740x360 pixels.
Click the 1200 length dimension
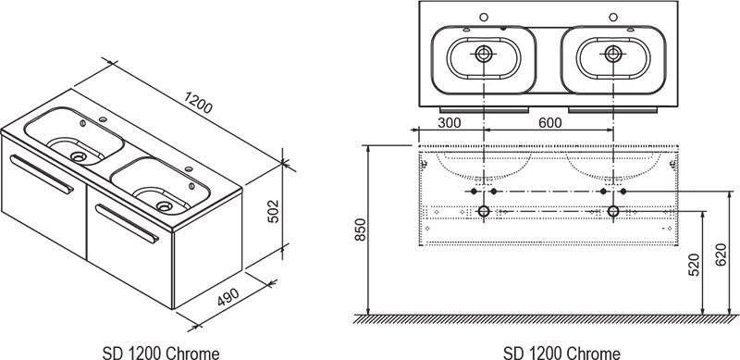[198, 103]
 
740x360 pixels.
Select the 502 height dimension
[273, 211]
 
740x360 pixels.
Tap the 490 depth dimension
[228, 297]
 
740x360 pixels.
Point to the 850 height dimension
[360, 230]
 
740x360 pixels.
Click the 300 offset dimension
[450, 123]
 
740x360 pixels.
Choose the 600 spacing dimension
[549, 123]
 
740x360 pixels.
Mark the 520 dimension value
[695, 265]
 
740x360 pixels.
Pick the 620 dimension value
[721, 254]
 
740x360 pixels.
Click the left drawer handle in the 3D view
[42, 174]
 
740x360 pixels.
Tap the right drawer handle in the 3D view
[128, 223]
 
